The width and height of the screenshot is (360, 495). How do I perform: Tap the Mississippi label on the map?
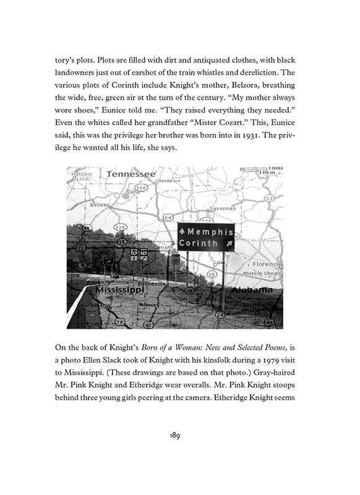pos(118,288)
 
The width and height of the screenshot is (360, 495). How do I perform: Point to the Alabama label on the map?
pos(252,289)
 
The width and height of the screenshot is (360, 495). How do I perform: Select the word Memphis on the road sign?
pos(211,232)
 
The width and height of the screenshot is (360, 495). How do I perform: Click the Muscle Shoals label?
pos(261,273)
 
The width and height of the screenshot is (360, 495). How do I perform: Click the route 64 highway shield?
pos(168,217)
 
